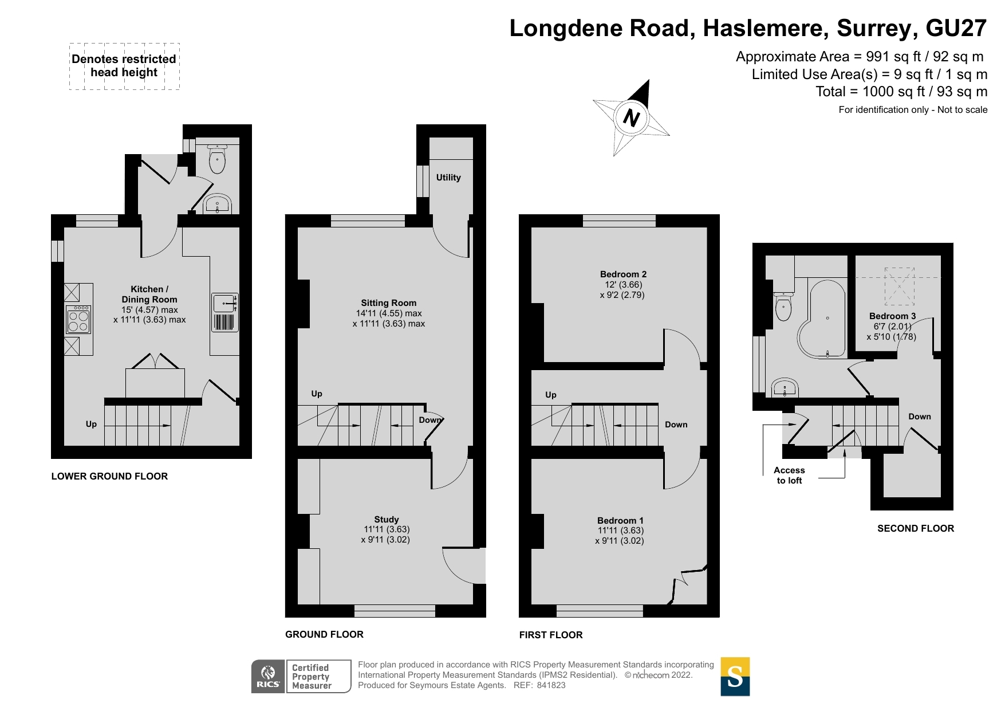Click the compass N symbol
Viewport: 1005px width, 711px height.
630,118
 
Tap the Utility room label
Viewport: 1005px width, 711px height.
448,178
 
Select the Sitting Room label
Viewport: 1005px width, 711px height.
389,303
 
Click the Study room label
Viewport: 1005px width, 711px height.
387,520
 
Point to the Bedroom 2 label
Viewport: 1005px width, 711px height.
623,274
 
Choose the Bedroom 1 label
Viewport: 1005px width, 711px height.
620,521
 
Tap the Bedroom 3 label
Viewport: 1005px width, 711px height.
892,316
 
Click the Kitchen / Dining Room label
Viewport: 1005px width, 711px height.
149,294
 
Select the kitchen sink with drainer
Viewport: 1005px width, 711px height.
225,312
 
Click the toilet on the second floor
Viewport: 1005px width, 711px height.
783,307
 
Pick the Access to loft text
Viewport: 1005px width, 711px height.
789,476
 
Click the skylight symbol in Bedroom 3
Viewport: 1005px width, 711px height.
899,286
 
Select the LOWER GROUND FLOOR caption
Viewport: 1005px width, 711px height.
109,476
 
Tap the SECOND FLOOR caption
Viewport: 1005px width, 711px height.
916,528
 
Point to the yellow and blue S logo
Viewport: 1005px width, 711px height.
735,677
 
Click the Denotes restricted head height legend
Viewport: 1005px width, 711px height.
124,66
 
